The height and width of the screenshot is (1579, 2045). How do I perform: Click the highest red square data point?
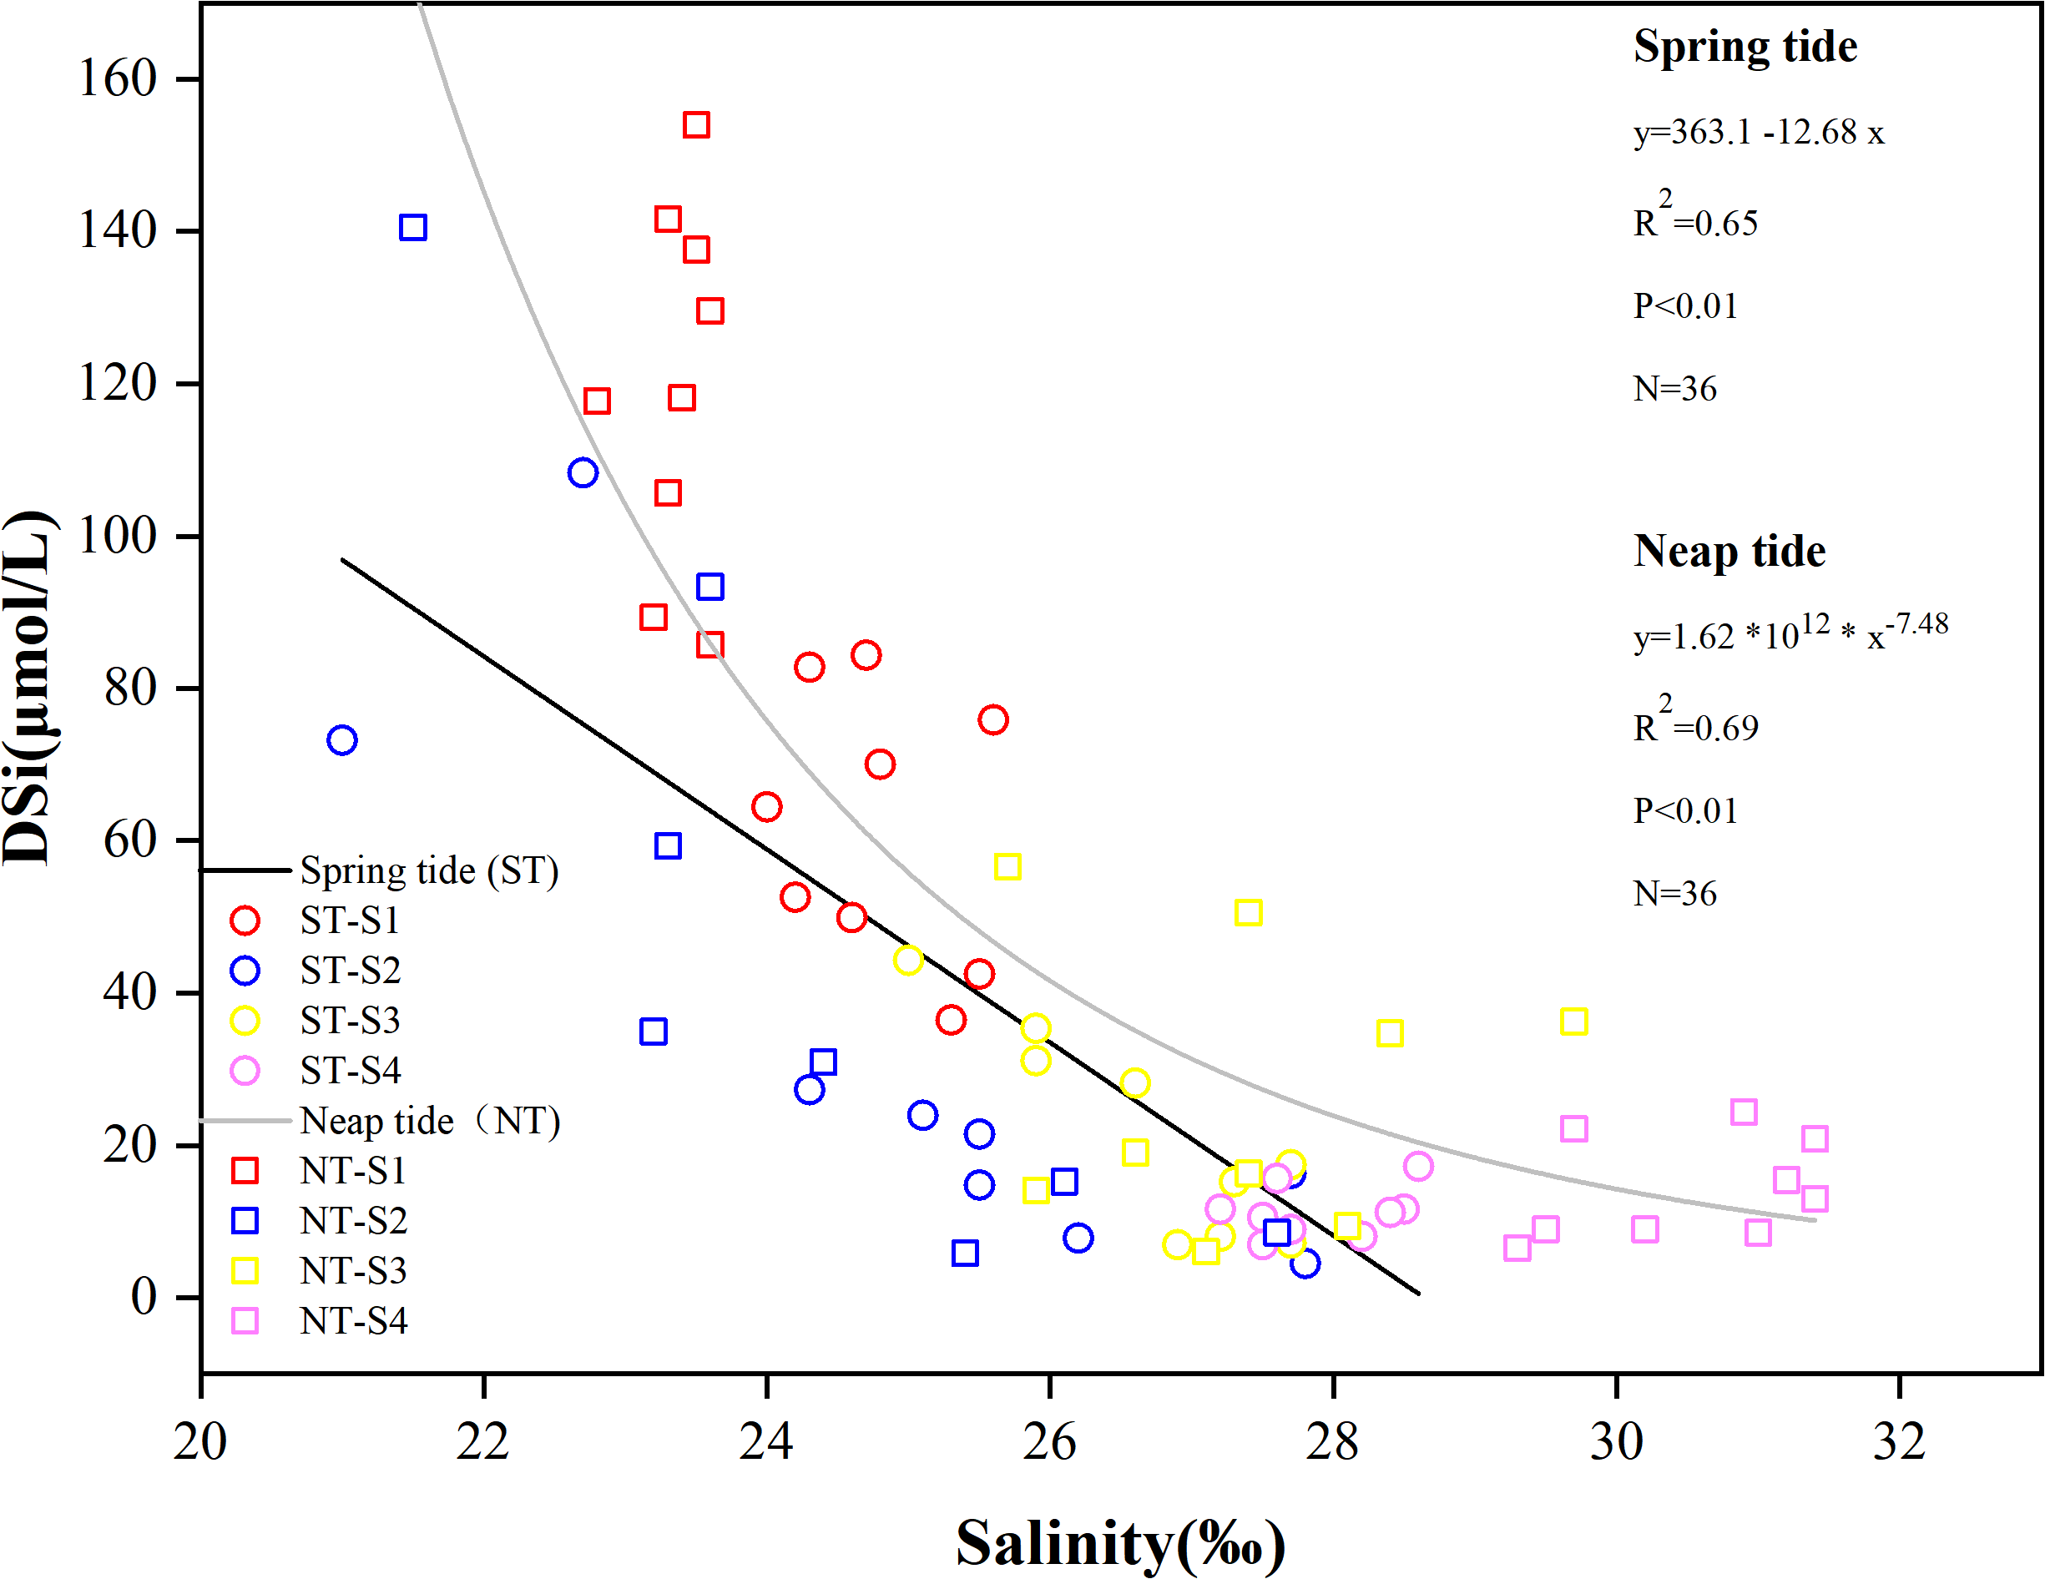point(695,124)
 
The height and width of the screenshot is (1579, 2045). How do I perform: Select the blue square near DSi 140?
point(413,228)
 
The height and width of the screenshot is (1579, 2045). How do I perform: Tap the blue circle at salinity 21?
point(341,740)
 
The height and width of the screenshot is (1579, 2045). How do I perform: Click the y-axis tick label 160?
point(117,78)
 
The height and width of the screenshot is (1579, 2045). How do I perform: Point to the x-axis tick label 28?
point(1332,1441)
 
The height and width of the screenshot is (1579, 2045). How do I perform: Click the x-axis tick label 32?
point(1899,1441)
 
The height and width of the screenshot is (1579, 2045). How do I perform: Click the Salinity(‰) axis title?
point(1121,1542)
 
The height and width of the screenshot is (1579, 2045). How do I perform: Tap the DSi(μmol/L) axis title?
point(28,688)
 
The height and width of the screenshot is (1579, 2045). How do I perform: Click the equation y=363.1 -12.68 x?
point(1759,133)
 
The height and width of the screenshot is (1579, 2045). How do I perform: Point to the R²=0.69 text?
point(1696,724)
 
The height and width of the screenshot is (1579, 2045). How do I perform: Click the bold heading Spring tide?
point(1745,47)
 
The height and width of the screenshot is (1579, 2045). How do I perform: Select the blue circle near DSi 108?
point(583,472)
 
